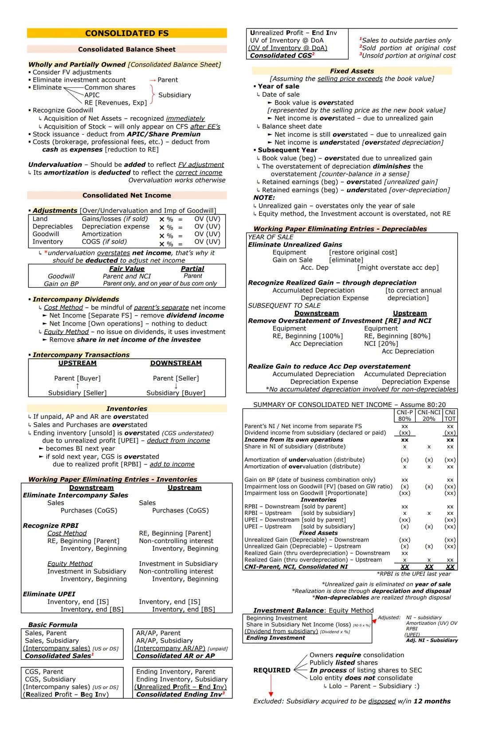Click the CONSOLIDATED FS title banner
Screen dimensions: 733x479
[126, 33]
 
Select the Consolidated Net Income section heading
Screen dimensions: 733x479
[126, 195]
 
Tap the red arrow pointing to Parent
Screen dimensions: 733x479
[153, 80]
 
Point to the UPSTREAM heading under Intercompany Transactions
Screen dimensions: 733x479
[77, 363]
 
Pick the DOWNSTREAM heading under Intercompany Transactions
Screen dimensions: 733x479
[176, 363]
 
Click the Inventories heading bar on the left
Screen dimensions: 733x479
[126, 408]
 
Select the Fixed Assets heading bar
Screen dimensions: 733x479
[352, 71]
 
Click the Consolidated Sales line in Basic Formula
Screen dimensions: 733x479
[58, 656]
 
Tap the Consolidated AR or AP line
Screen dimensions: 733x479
[175, 656]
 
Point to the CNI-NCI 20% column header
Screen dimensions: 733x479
[429, 416]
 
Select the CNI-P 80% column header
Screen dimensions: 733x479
[404, 416]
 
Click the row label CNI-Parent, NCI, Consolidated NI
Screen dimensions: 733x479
[296, 567]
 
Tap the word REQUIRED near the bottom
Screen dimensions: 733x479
[271, 670]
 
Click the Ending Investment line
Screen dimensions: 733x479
[275, 638]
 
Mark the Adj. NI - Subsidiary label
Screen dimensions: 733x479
[432, 640]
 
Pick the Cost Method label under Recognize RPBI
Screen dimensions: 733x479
[67, 533]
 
